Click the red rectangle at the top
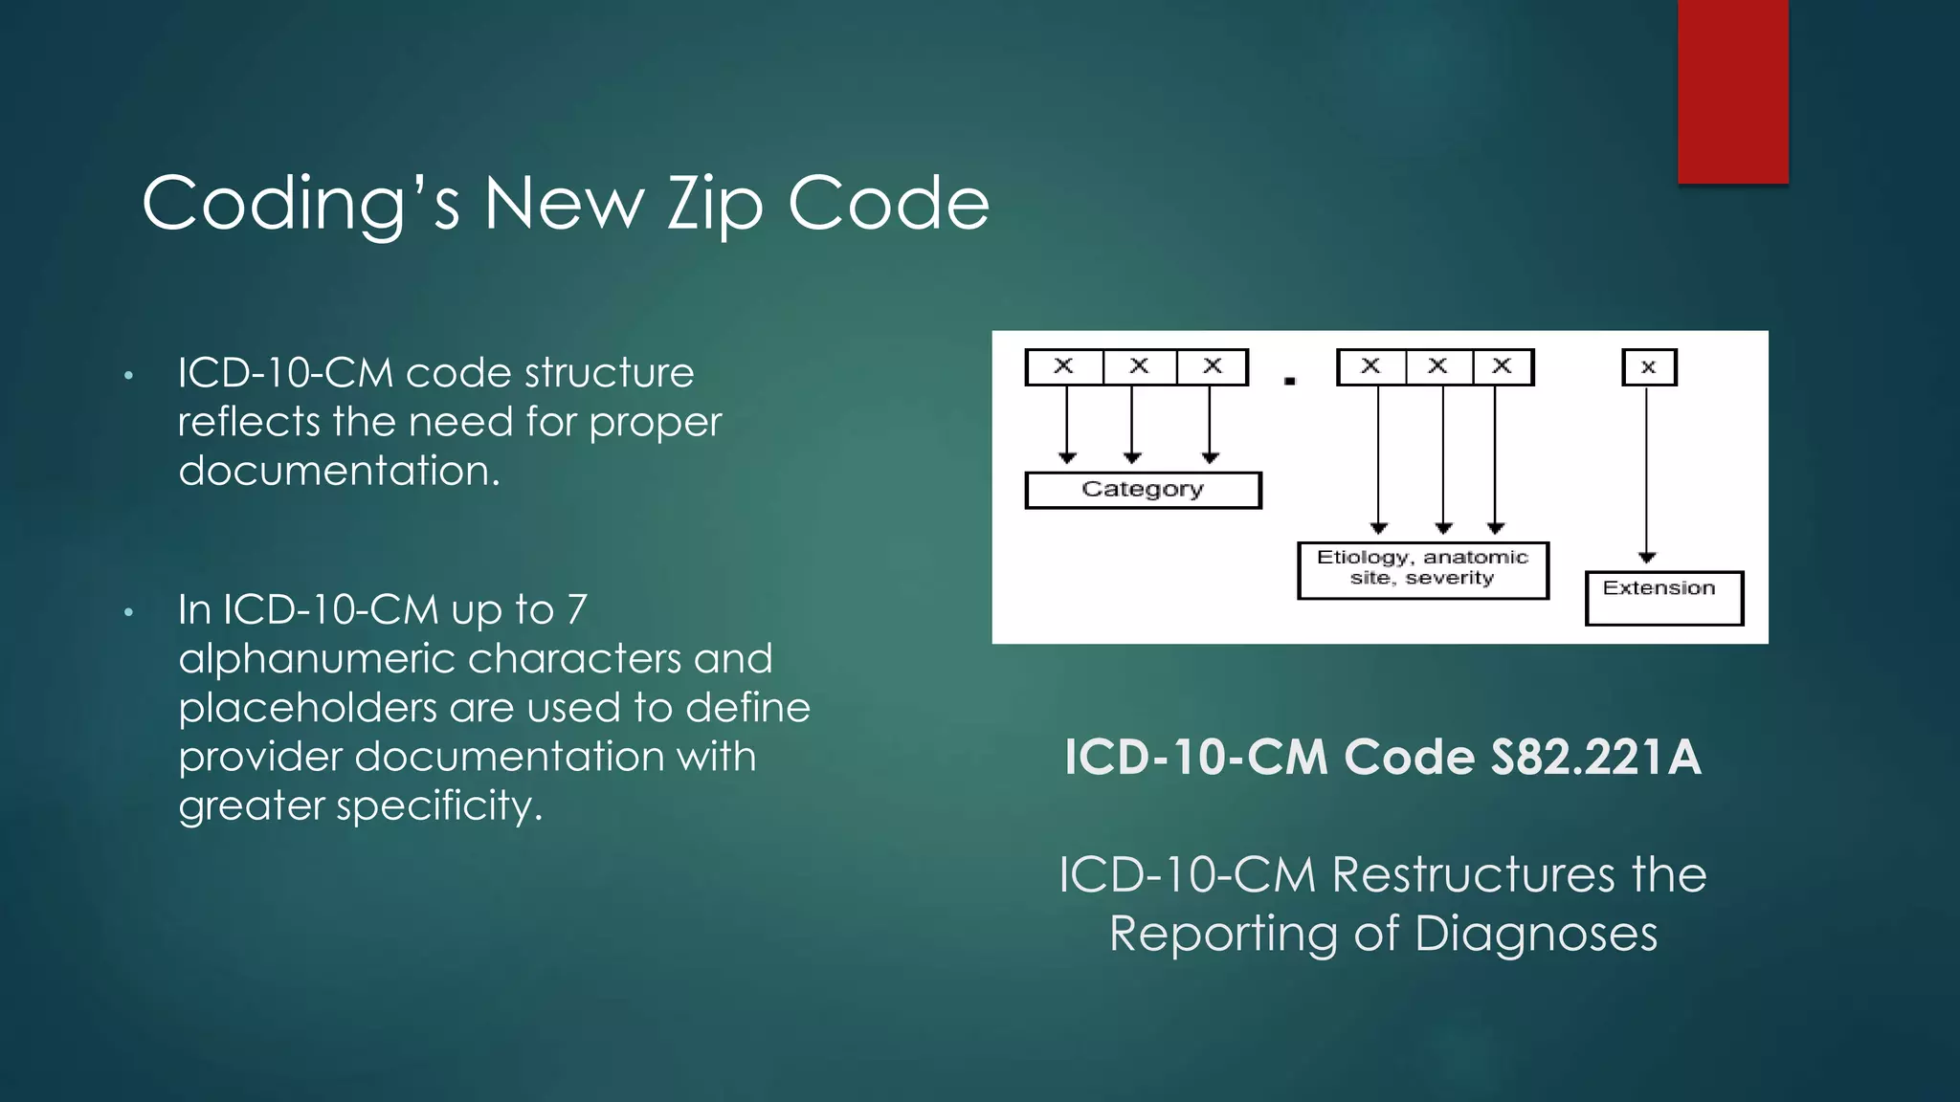[x=1732, y=91]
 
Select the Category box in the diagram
[x=1143, y=490]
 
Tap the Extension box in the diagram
[x=1663, y=598]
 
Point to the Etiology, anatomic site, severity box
[x=1422, y=570]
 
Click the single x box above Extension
[x=1648, y=367]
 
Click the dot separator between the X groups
[x=1289, y=381]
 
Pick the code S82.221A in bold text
[x=1595, y=758]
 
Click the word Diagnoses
[x=1535, y=934]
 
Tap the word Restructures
[x=1473, y=874]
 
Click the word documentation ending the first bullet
[x=338, y=471]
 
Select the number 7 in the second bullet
[x=576, y=610]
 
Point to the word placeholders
[x=307, y=709]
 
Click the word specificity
[x=439, y=806]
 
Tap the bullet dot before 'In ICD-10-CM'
[x=128, y=612]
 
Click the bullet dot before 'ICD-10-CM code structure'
[x=128, y=375]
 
